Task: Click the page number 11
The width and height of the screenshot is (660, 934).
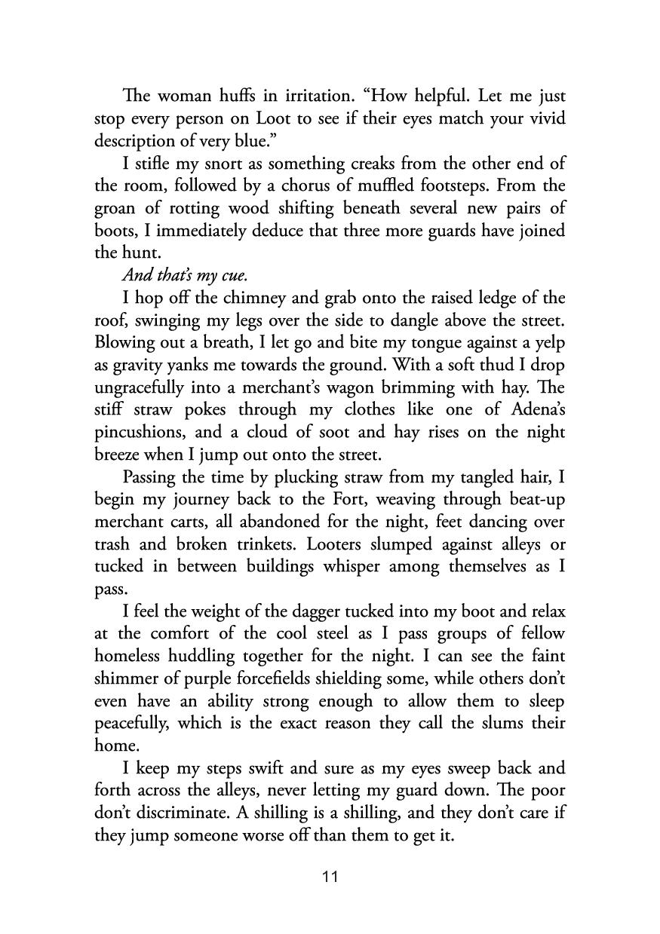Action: (x=330, y=877)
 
